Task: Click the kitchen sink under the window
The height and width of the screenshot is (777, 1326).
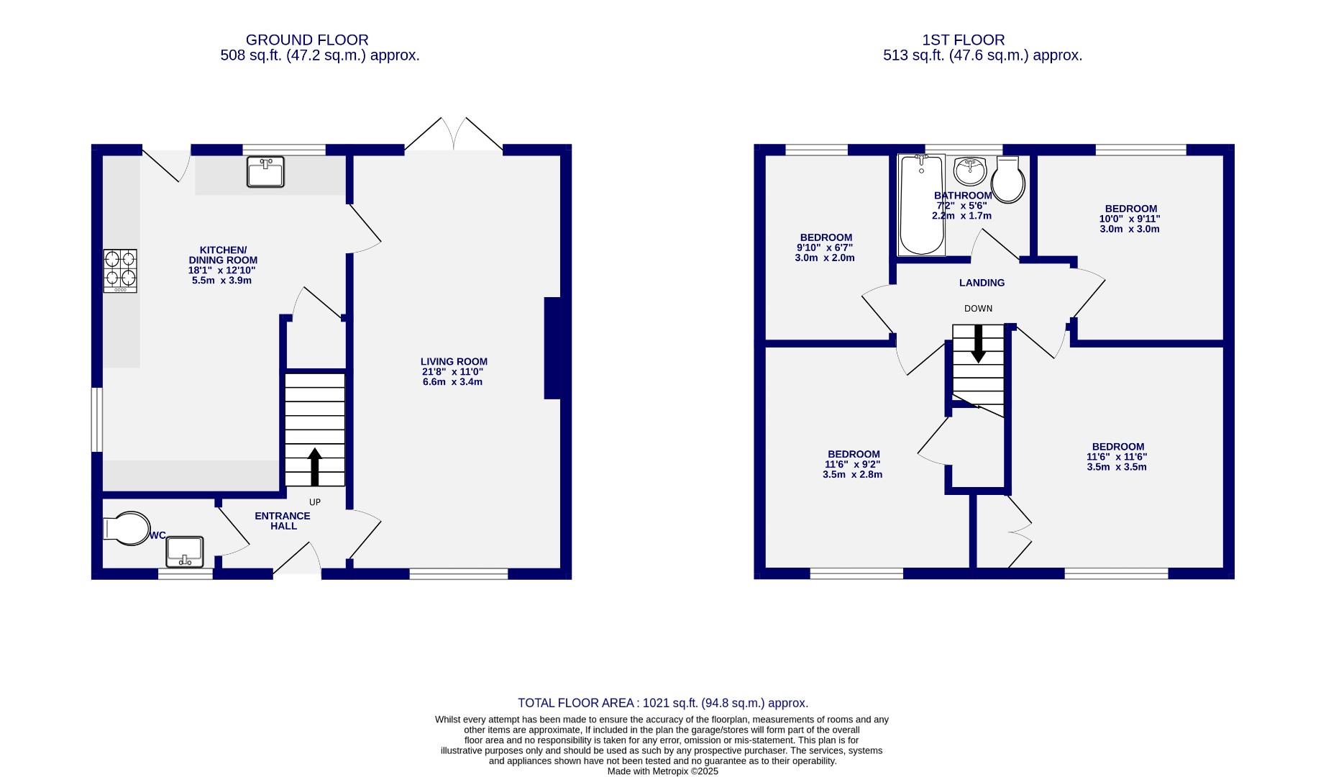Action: coord(265,172)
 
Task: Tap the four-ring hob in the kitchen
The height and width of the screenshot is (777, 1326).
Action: coord(120,270)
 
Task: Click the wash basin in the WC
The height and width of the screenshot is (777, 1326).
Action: coord(185,553)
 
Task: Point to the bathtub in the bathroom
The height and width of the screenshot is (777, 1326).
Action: coord(921,205)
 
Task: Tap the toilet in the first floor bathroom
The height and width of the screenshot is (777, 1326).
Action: coord(1008,181)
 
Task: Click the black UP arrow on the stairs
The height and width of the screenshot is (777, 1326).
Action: coord(315,467)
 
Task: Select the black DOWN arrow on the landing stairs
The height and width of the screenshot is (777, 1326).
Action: coord(978,344)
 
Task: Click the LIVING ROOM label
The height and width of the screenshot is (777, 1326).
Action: coord(454,362)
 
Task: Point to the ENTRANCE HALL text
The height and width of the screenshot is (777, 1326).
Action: coord(283,521)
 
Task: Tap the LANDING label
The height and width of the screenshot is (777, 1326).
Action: coord(982,283)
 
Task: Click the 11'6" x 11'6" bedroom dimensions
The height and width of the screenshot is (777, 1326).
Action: coord(1116,457)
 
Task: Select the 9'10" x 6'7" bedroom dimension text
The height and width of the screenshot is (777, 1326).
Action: coord(825,247)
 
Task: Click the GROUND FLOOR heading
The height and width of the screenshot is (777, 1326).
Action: coord(307,40)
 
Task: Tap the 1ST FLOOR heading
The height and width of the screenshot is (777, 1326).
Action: coord(964,40)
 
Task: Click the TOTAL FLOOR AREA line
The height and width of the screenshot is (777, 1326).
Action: coord(662,703)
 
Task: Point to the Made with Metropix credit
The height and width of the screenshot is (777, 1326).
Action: coord(662,771)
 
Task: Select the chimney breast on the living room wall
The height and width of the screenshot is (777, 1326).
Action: coord(552,347)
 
